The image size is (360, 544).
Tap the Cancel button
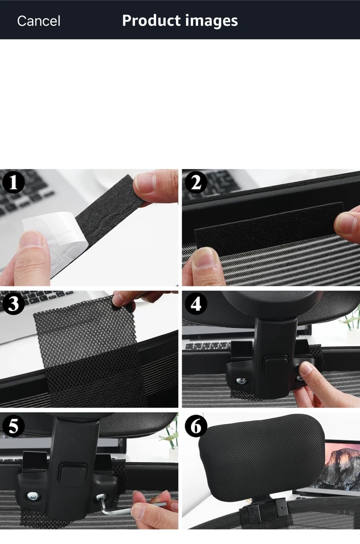pyautogui.click(x=39, y=21)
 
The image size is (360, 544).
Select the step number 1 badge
pyautogui.click(x=13, y=182)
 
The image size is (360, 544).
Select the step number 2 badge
pyautogui.click(x=196, y=182)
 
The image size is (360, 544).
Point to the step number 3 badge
pyautogui.click(x=13, y=304)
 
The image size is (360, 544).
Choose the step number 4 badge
pyautogui.click(x=196, y=304)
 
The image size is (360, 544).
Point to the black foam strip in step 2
pyautogui.click(x=269, y=227)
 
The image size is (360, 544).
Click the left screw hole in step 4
pyautogui.click(x=241, y=381)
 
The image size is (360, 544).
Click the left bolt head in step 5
pyautogui.click(x=32, y=496)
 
